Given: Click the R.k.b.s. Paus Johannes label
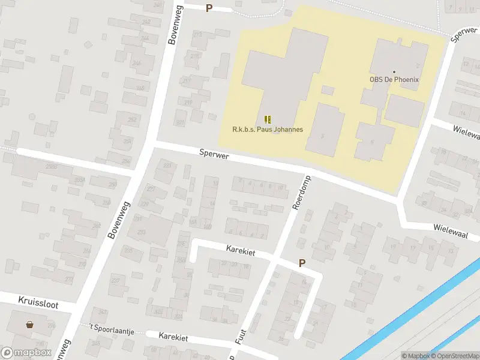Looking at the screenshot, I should [x=268, y=129].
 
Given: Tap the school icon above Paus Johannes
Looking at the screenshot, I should [x=268, y=119].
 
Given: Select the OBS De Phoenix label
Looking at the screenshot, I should [x=394, y=80].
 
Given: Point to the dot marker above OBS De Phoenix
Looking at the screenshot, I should [x=394, y=72].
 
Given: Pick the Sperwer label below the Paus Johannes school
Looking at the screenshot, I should [x=215, y=155].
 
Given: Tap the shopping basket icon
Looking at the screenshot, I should [x=30, y=325].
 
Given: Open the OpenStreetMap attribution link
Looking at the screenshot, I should [x=454, y=356].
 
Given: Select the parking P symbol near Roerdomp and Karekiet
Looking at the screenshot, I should [x=302, y=263].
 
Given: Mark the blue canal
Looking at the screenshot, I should [x=414, y=312].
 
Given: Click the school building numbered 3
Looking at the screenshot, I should [x=325, y=132].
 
